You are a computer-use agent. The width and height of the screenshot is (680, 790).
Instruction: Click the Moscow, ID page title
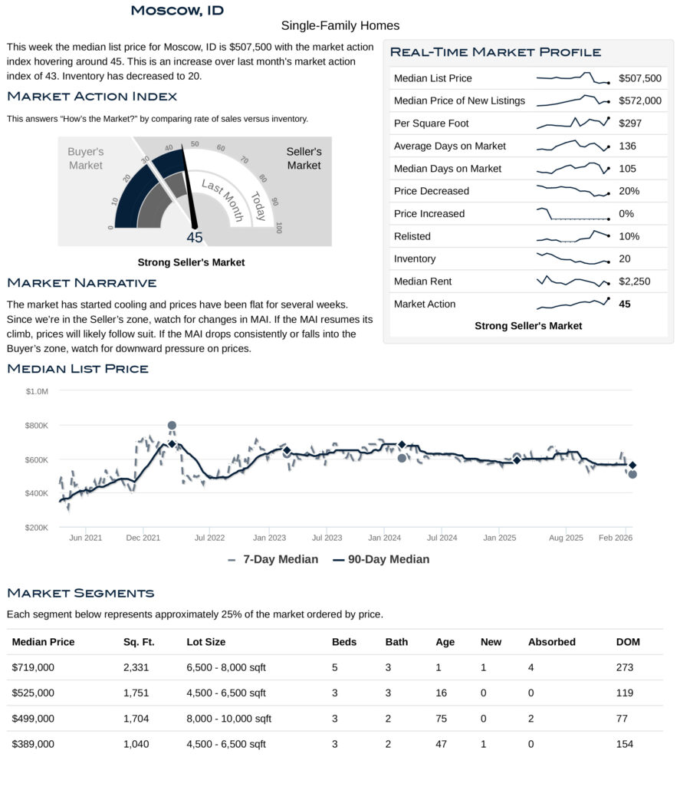pos(176,10)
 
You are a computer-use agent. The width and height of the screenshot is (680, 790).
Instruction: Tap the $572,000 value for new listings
pos(639,100)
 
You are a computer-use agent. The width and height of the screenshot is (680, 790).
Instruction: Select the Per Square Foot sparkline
pos(573,123)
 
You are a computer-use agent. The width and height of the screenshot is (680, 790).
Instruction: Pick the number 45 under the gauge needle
pos(195,238)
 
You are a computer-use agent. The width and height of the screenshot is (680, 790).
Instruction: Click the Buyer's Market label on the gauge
pos(85,159)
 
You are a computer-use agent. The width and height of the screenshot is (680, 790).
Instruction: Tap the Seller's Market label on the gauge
pos(304,159)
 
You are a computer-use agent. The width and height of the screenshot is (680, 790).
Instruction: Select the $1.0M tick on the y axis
pos(37,391)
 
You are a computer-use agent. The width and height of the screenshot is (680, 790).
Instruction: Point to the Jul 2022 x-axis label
pos(209,538)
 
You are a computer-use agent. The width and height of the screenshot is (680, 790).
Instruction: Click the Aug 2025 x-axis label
pos(566,538)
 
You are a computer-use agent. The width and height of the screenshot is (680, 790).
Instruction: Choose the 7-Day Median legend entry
pos(273,559)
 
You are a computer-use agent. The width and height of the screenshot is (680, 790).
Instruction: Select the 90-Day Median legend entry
pos(381,559)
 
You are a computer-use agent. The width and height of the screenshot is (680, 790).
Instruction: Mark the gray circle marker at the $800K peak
pos(172,425)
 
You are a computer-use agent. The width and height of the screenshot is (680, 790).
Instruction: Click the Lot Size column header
pos(206,642)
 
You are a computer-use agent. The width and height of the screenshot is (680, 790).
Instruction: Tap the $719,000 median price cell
pos(34,667)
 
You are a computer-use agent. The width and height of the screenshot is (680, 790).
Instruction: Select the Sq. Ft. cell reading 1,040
pos(136,744)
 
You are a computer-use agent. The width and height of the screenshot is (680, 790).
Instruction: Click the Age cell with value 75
pos(439,719)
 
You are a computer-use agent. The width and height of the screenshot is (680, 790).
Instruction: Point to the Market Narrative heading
pos(81,283)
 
